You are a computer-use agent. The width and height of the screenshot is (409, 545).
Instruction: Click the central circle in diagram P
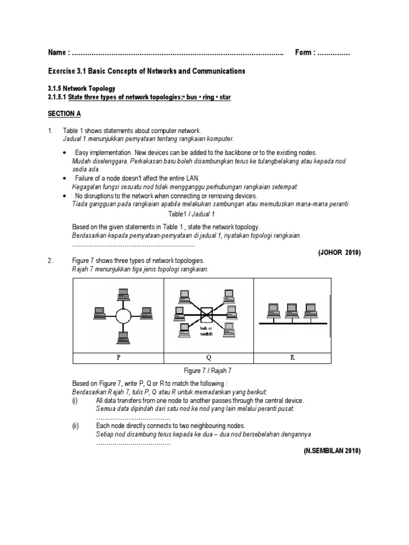(123, 315)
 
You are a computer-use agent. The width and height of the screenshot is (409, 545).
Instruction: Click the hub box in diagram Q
(206, 315)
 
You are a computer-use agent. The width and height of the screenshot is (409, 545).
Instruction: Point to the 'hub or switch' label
(206, 332)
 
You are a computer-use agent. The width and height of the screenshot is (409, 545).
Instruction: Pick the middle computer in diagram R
(291, 309)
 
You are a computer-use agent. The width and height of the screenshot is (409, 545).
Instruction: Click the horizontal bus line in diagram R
(292, 322)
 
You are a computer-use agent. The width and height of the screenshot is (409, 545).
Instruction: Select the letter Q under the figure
(208, 358)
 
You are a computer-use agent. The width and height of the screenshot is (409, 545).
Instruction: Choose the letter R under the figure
(292, 358)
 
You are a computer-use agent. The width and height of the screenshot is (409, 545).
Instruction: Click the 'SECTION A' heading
(64, 114)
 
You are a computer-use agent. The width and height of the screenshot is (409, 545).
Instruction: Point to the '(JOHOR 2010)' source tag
(339, 253)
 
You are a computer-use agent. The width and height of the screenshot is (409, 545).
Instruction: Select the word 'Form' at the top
(305, 53)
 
